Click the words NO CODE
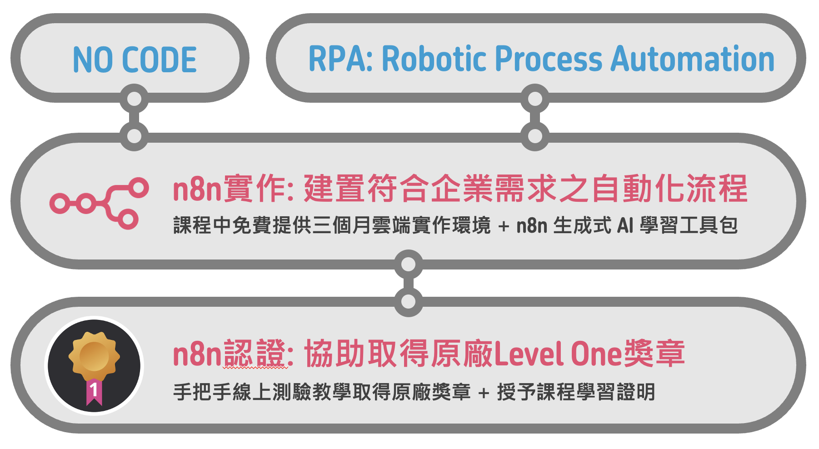tap(135, 60)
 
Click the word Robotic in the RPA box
tap(434, 58)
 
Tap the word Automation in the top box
tap(693, 58)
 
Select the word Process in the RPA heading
tap(549, 59)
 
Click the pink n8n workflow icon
tap(99, 203)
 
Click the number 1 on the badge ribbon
tap(94, 390)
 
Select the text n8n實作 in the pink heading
tap(230, 189)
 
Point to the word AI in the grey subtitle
tap(625, 225)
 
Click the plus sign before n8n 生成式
tap(503, 226)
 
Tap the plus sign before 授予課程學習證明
tap(484, 393)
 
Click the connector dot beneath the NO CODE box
tap(134, 99)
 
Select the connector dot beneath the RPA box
tap(535, 99)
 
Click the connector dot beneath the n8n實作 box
tap(409, 264)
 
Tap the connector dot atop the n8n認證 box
tap(409, 301)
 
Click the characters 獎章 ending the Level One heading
tap(654, 354)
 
